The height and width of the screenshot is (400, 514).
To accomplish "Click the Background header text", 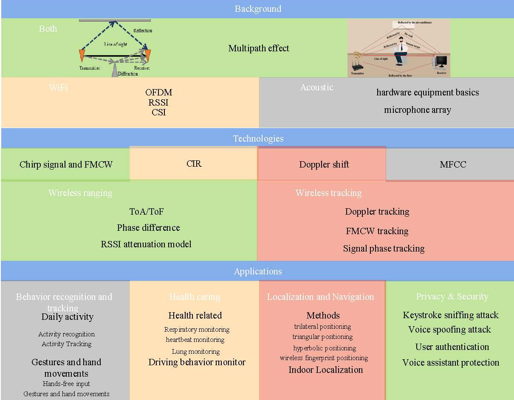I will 258,9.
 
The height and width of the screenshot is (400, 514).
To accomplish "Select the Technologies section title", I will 258,139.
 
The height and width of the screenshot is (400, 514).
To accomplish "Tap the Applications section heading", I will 258,271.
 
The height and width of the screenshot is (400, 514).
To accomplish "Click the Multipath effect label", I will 259,48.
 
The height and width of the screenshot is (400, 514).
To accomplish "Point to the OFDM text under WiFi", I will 158,92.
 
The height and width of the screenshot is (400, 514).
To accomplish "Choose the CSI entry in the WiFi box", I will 158,112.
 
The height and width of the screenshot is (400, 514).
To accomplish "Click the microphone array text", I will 417,110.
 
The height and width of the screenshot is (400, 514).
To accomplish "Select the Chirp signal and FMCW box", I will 66,165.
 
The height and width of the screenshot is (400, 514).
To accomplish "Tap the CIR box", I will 194,163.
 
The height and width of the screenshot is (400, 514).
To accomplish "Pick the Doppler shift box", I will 324,165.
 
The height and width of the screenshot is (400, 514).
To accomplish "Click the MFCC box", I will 453,165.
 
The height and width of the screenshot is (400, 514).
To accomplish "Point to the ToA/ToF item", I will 146,211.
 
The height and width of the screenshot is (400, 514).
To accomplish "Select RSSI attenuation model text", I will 146,244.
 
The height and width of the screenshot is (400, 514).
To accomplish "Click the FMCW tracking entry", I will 377,231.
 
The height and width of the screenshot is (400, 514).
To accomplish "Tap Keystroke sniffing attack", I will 450,315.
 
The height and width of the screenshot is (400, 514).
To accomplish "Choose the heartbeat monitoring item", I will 195,339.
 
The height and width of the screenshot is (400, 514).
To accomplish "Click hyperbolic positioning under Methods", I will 324,348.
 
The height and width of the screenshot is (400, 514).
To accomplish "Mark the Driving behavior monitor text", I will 197,362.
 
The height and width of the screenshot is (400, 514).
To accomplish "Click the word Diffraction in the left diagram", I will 128,73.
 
